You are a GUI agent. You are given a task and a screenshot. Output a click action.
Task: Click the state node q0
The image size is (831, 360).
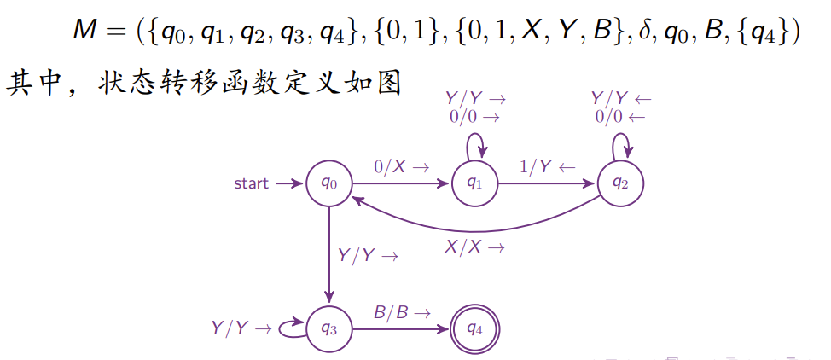(329, 183)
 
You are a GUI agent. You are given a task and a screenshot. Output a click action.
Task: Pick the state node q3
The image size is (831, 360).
(329, 327)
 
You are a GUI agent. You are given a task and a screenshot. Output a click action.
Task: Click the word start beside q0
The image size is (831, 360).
(252, 183)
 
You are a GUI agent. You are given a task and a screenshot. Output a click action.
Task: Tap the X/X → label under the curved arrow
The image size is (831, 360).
(475, 247)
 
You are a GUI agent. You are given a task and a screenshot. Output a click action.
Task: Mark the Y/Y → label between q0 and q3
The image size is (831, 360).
(368, 255)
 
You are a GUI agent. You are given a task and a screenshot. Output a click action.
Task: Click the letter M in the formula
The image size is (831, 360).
(88, 32)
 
